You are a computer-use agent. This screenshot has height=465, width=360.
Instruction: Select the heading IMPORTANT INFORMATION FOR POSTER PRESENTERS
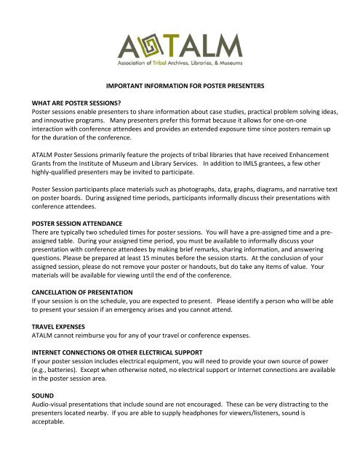click(x=180, y=85)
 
